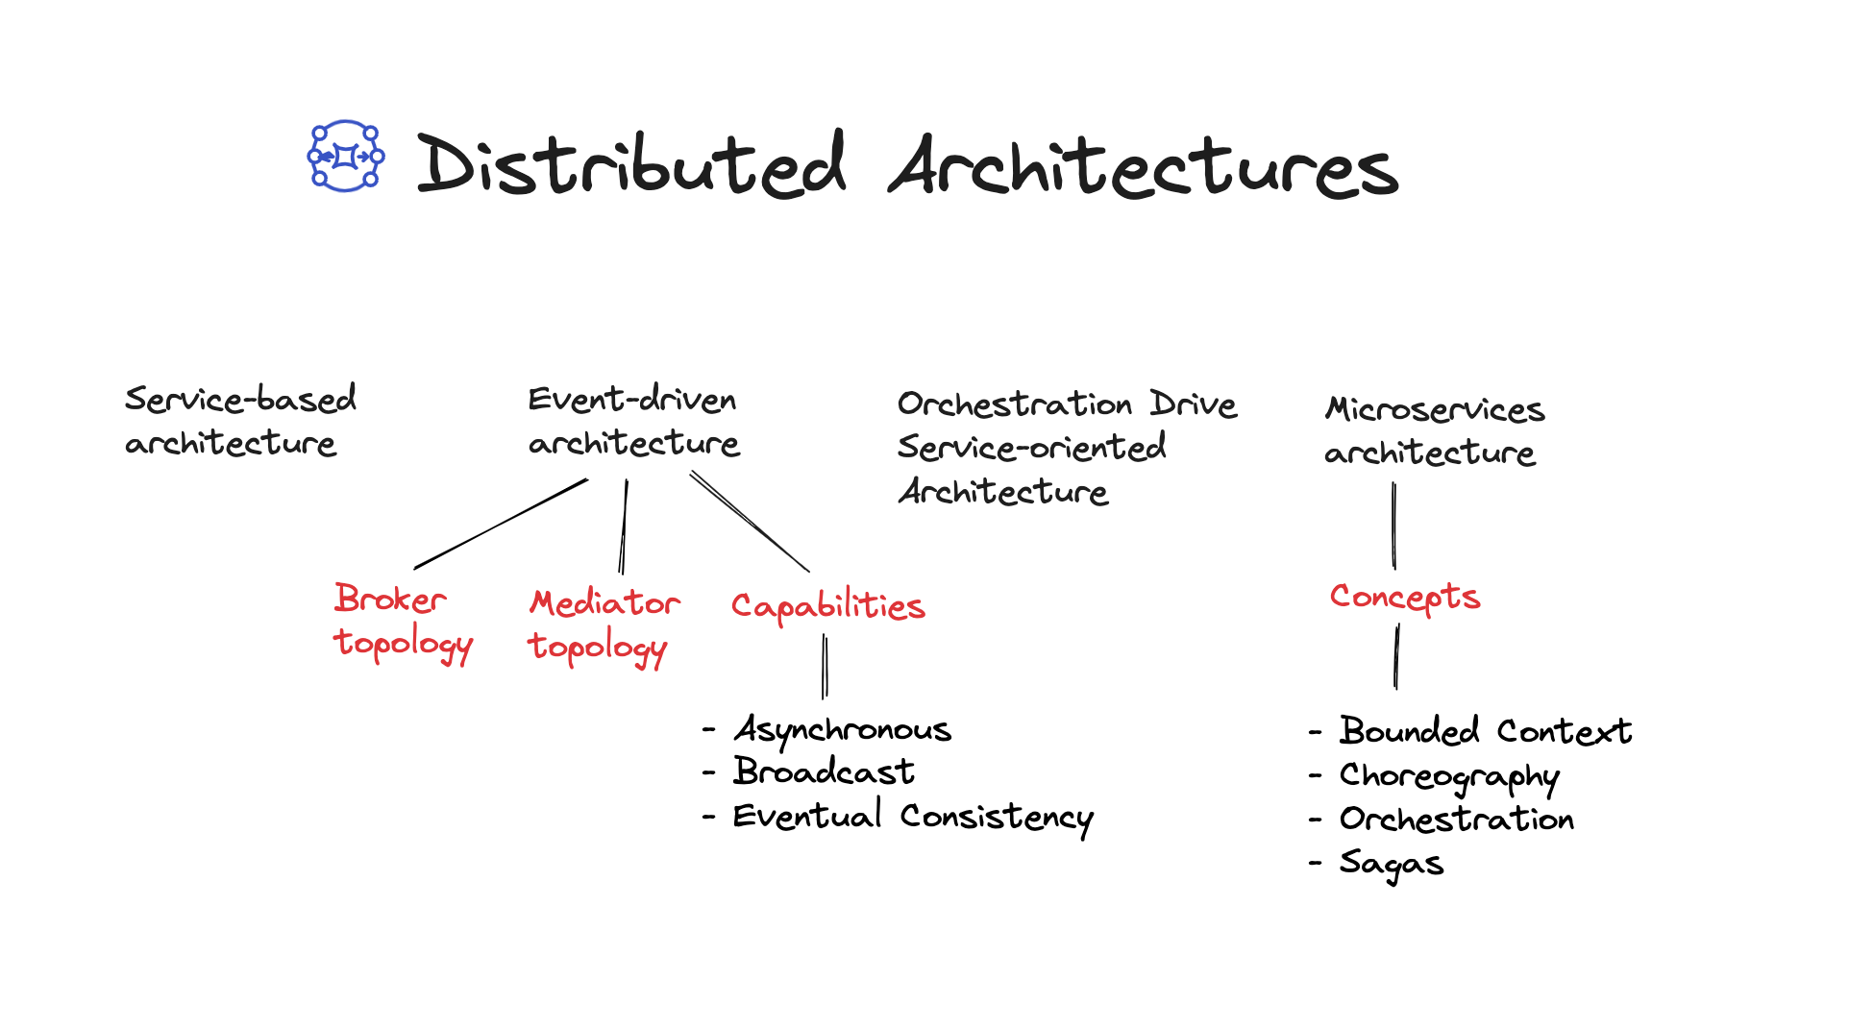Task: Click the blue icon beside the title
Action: click(346, 156)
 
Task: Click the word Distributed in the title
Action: click(631, 164)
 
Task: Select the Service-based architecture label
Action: click(240, 420)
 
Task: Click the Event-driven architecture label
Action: click(634, 420)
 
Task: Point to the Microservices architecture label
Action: click(1435, 429)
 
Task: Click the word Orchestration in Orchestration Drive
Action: click(1015, 404)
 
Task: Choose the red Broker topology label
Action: click(404, 623)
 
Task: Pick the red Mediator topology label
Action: click(604, 626)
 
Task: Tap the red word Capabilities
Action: click(828, 605)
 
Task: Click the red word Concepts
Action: click(1405, 598)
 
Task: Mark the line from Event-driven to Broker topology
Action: click(501, 524)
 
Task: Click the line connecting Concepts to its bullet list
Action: click(1396, 656)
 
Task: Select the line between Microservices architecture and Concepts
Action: click(1393, 526)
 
